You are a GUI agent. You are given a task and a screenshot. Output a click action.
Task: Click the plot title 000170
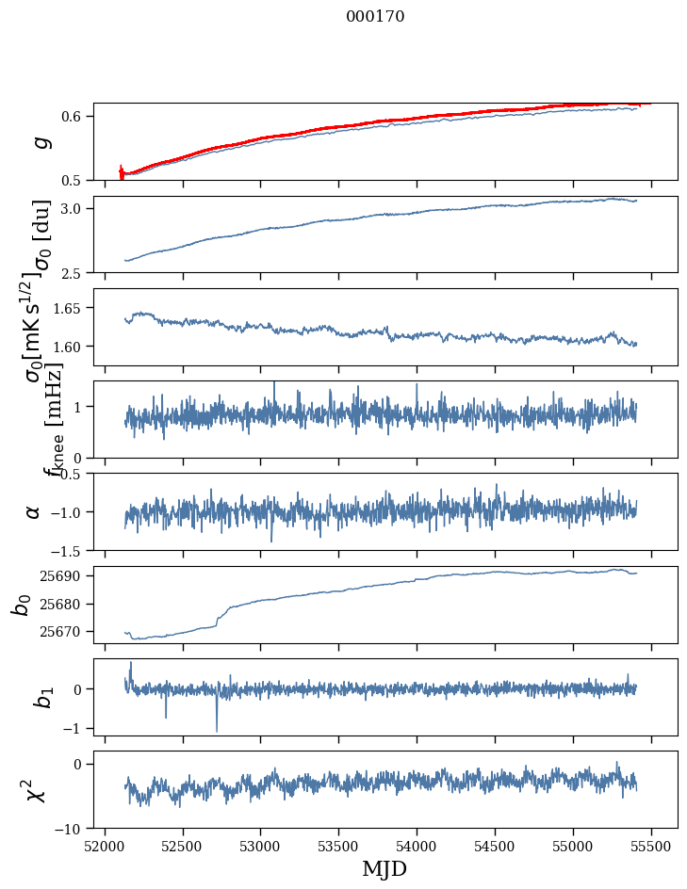[x=375, y=17]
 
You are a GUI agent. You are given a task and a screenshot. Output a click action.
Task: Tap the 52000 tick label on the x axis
[x=105, y=846]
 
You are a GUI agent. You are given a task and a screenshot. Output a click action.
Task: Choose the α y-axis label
[x=34, y=511]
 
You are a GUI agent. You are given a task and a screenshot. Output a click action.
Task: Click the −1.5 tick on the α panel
[x=70, y=550]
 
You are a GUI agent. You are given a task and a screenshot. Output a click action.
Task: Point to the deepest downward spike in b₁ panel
[x=217, y=730]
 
